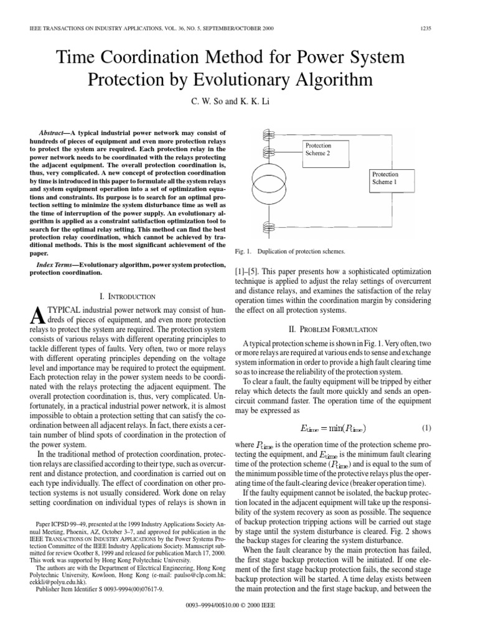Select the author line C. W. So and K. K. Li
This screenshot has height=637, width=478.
pyautogui.click(x=238, y=102)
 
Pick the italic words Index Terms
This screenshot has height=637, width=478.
pyautogui.click(x=55, y=266)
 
